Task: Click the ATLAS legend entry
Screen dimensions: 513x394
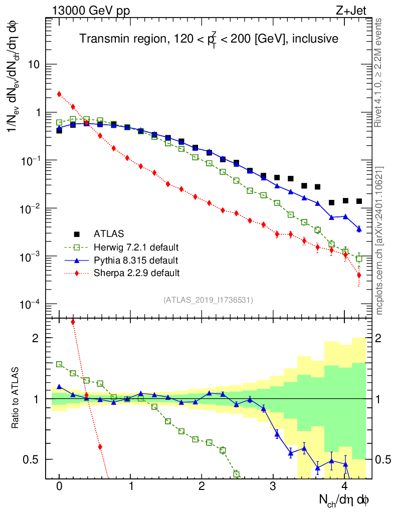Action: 109,233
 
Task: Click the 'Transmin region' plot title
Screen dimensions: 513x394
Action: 209,39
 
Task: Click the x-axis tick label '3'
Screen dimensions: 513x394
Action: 273,487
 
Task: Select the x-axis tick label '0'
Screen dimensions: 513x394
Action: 59,487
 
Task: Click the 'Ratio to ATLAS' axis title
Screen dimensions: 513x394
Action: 17,398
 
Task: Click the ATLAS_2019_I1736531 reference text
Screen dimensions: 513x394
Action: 208,300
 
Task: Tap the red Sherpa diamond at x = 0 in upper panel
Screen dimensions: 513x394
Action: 59,94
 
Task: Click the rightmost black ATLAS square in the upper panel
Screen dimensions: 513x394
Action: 359,201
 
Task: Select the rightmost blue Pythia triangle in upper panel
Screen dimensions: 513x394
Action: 359,228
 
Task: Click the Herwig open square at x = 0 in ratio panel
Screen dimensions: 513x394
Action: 59,364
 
